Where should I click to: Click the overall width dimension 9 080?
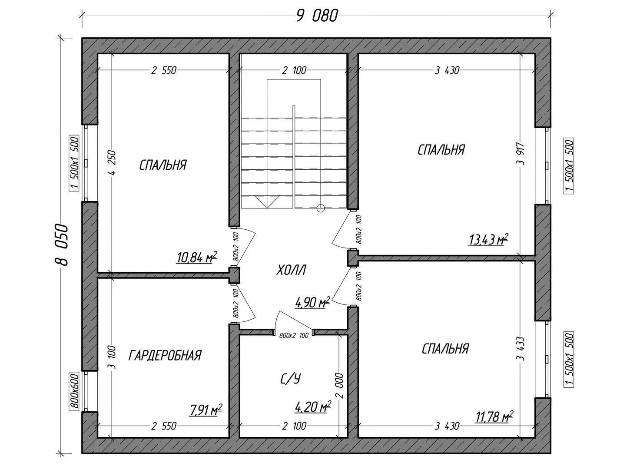(x=317, y=16)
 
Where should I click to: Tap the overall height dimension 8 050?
(x=62, y=245)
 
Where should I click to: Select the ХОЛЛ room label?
(x=292, y=270)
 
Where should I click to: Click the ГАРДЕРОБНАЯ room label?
(x=165, y=355)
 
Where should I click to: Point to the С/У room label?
(x=290, y=378)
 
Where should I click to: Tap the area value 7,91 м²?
(x=206, y=410)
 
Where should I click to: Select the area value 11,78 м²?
(x=494, y=417)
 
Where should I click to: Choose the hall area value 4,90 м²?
(x=312, y=303)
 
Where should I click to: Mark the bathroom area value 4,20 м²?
(x=313, y=406)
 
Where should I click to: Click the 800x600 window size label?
(x=74, y=391)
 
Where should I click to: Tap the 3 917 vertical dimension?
(x=521, y=153)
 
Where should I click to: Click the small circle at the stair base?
(x=320, y=209)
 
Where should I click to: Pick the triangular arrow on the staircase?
(x=267, y=202)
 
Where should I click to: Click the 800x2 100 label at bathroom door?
(x=294, y=335)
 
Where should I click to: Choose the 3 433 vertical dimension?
(x=521, y=349)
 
